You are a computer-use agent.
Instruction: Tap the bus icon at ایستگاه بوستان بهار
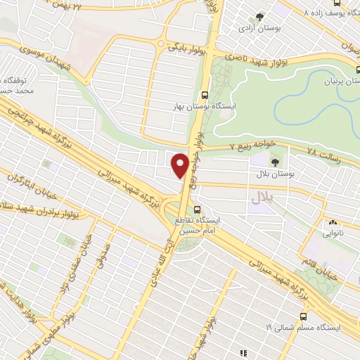click(x=205, y=94)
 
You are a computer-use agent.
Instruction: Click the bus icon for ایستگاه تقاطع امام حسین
click(x=198, y=209)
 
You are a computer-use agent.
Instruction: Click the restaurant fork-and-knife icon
click(x=244, y=351)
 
